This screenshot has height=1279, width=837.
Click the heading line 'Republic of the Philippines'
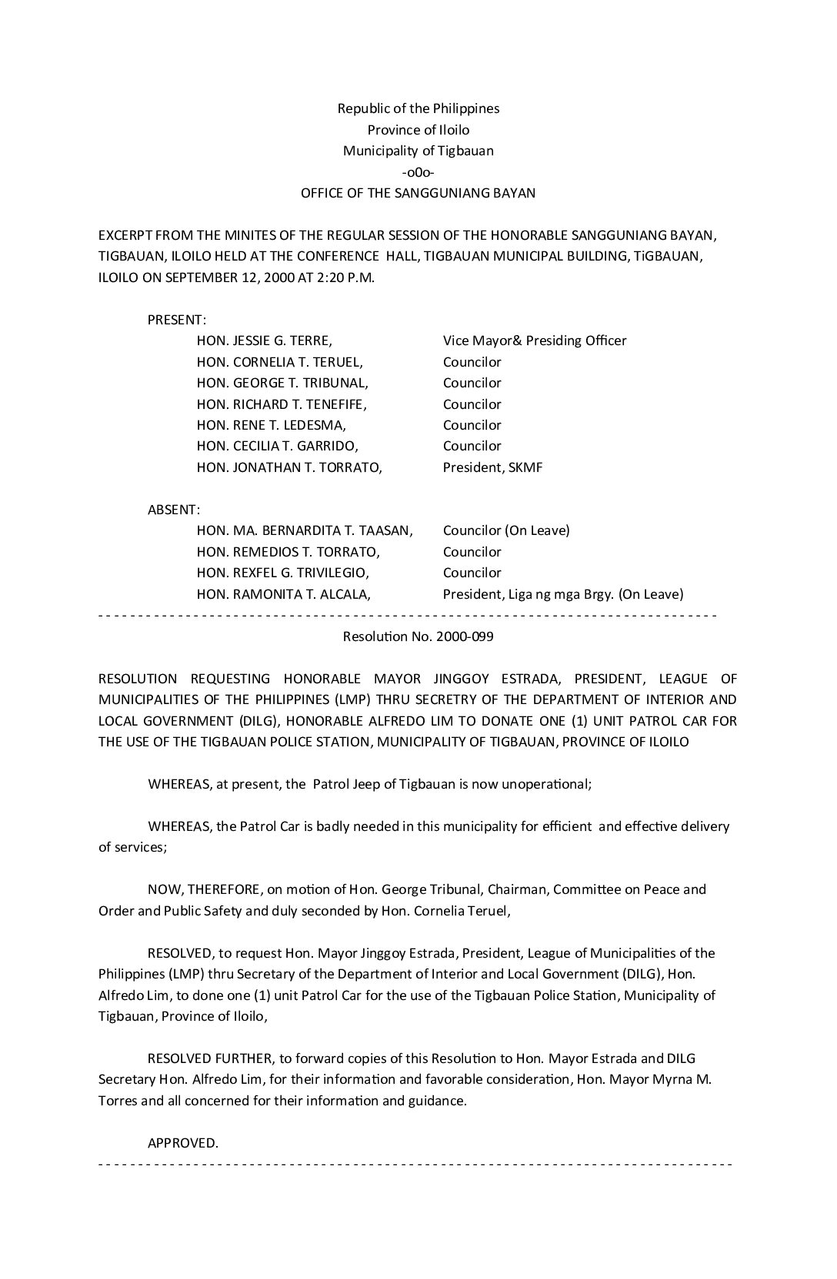tap(418, 108)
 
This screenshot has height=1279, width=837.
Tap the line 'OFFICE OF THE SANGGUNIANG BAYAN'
tap(418, 193)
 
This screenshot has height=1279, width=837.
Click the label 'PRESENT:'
tap(177, 320)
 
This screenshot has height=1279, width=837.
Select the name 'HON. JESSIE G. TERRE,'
tap(264, 341)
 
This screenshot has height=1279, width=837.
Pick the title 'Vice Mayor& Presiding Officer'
tap(535, 341)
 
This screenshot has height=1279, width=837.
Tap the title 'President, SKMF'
tap(492, 467)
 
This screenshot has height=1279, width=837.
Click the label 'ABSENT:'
tap(174, 510)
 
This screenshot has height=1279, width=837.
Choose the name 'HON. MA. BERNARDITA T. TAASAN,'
tap(305, 530)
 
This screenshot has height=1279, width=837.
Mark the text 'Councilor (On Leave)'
tap(506, 530)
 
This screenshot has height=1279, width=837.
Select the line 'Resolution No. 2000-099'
tap(418, 636)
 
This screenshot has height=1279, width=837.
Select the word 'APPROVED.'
tap(183, 1143)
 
